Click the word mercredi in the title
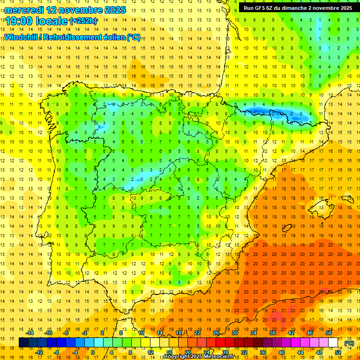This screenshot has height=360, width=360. pos(24,9)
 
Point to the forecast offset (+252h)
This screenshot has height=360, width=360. pos(83,21)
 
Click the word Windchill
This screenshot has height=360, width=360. pos(20,37)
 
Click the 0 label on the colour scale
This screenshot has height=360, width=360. pos(93,352)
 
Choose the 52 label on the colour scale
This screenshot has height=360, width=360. pos(337,352)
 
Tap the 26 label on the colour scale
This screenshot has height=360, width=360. pos(216,333)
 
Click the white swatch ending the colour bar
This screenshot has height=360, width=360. pos(333,343)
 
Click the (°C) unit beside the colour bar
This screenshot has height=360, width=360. pos(349,343)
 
